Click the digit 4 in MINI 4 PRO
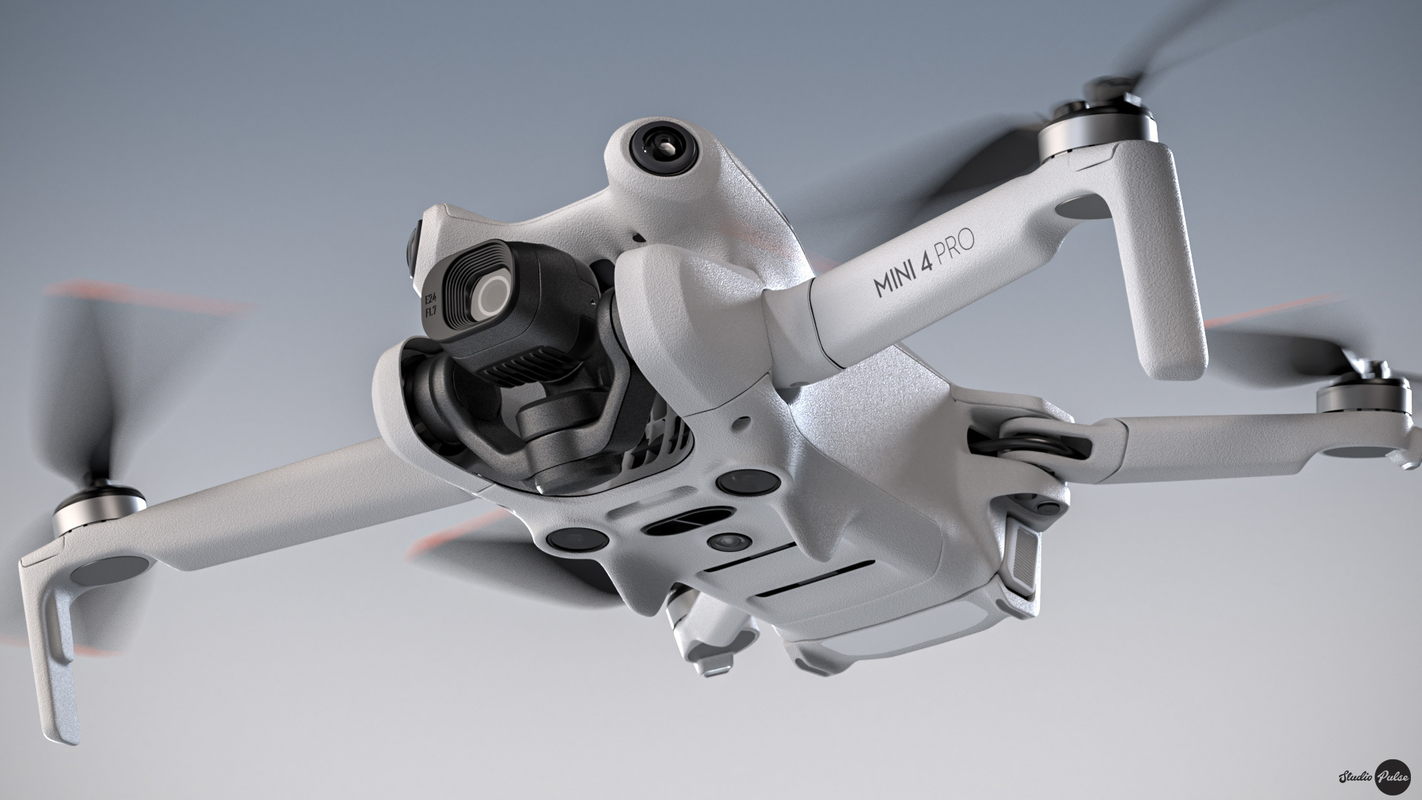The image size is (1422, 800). tap(927, 262)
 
